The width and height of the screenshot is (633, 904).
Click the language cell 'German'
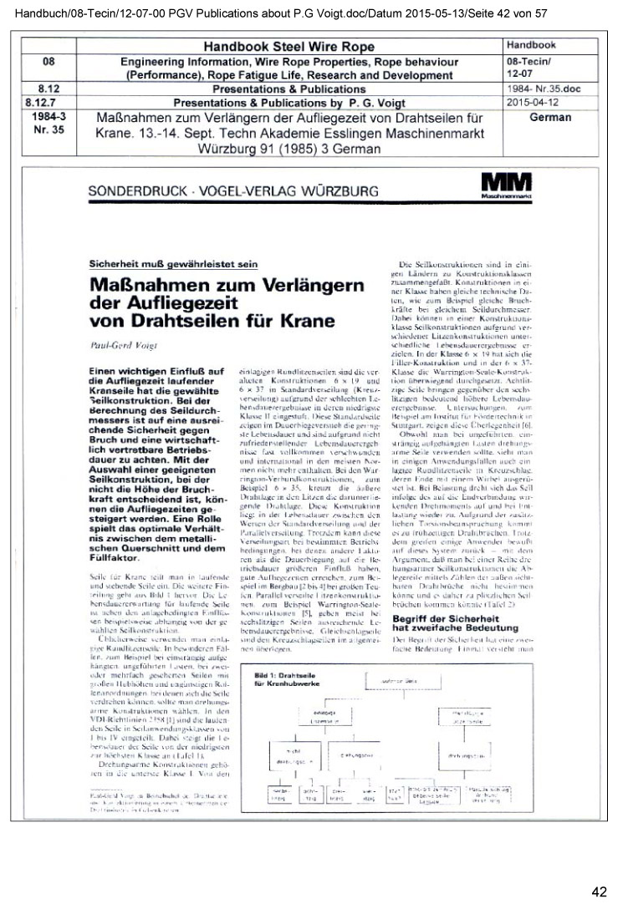point(550,118)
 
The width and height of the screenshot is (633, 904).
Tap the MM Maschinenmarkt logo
point(505,185)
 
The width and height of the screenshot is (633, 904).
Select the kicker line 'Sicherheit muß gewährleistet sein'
point(170,264)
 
